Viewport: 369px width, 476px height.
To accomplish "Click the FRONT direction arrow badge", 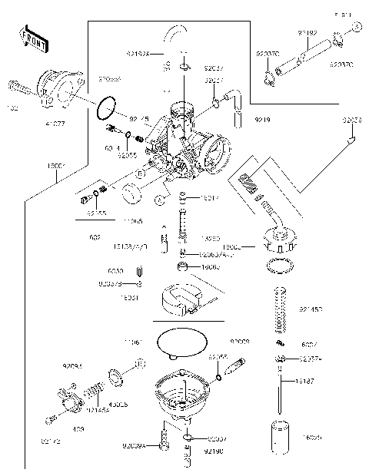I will pyautogui.click(x=30, y=36).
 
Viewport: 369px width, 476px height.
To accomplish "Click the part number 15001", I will pyautogui.click(x=57, y=166).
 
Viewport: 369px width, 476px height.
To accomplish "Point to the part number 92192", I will pyautogui.click(x=309, y=33).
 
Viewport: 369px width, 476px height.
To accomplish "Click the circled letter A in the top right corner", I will pyautogui.click(x=357, y=27).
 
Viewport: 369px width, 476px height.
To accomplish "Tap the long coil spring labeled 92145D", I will pyautogui.click(x=281, y=311).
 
